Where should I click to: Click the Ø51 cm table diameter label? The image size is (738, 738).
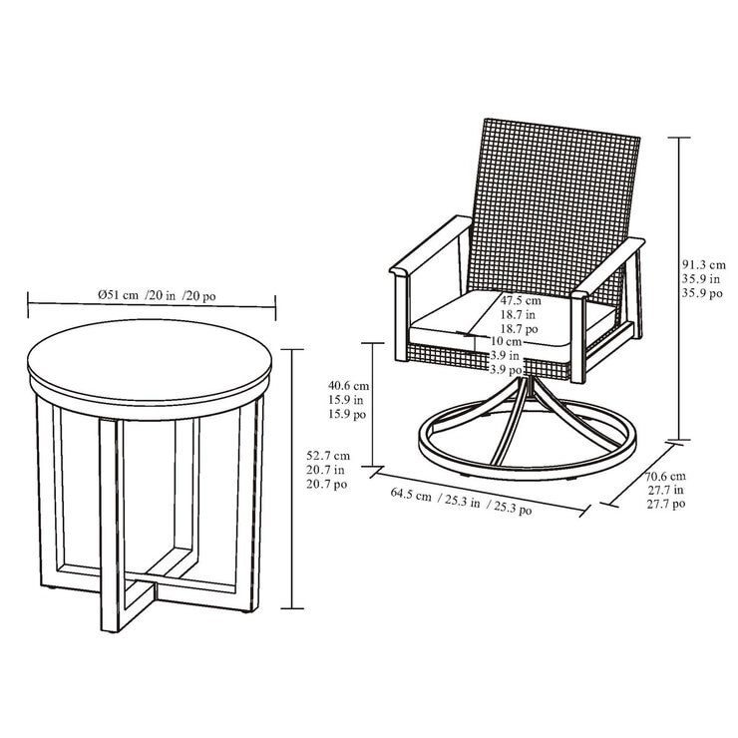[123, 294]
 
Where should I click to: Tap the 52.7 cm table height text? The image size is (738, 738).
[328, 454]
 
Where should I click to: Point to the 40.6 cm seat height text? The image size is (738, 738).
[350, 385]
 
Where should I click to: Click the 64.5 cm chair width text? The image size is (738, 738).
[411, 496]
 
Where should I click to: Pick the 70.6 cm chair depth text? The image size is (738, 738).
[666, 476]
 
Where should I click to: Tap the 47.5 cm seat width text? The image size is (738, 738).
[520, 300]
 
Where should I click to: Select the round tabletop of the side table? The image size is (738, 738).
[151, 363]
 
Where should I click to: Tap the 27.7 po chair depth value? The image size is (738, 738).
[666, 505]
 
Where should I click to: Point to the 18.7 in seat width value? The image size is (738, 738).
[520, 313]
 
